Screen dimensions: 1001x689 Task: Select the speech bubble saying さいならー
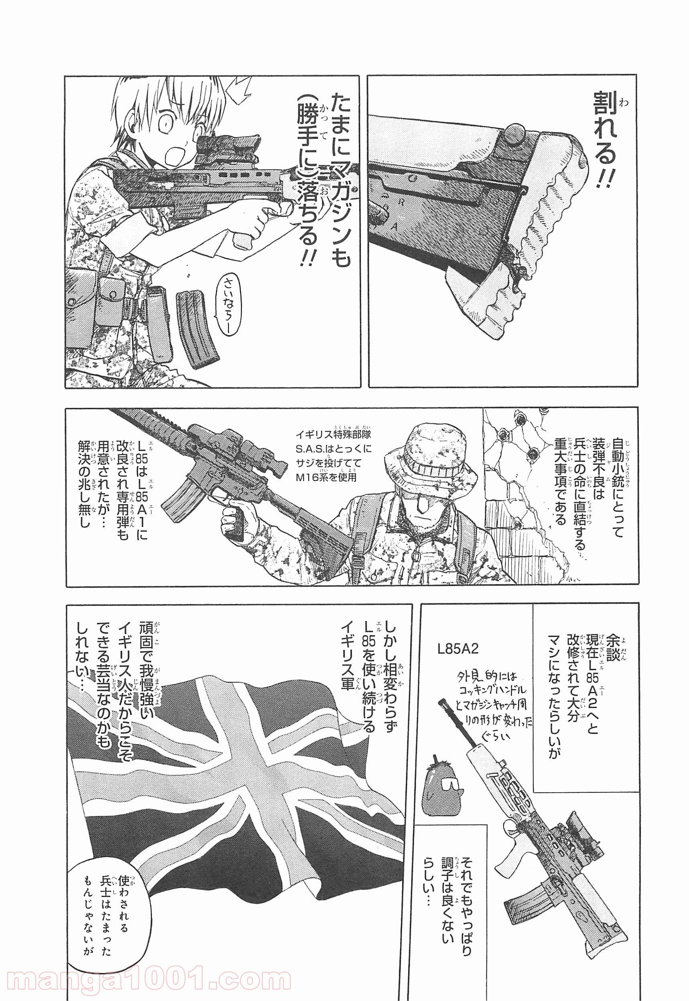(228, 302)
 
